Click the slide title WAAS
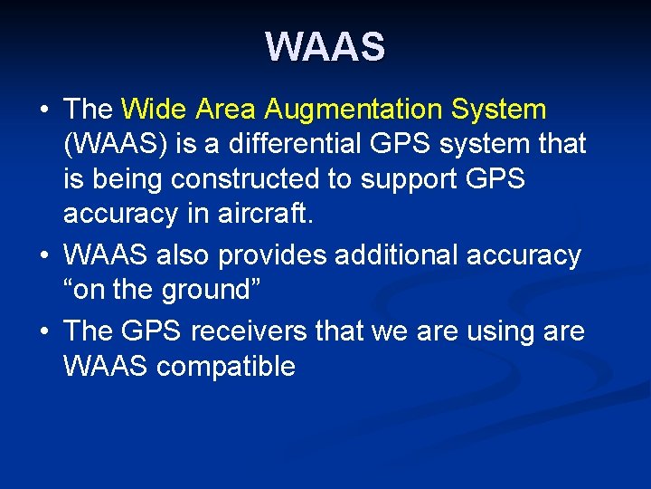click(325, 46)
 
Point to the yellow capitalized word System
click(501, 110)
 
